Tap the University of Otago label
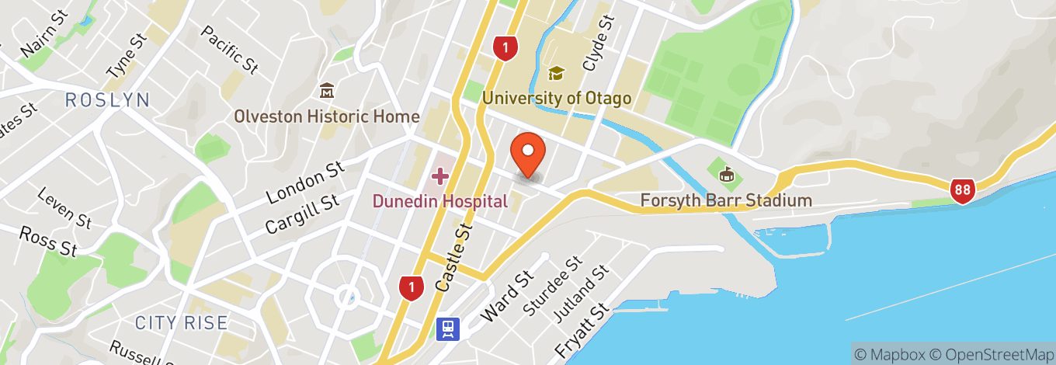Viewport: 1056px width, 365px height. (x=556, y=99)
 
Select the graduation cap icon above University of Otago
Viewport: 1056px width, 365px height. (x=556, y=74)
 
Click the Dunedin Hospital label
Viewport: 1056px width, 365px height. (x=439, y=201)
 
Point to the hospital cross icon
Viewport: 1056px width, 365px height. (x=439, y=176)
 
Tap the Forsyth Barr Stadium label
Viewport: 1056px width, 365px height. (x=726, y=200)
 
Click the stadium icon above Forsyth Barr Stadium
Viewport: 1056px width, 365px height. (x=726, y=175)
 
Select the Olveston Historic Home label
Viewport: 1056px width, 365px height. (x=327, y=116)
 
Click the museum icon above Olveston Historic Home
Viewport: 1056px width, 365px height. (x=327, y=91)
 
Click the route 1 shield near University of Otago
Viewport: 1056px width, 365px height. (x=505, y=49)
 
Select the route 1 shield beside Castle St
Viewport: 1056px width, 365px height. (x=412, y=287)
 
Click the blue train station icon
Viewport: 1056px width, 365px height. (x=448, y=328)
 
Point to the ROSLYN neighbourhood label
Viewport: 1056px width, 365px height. (x=107, y=99)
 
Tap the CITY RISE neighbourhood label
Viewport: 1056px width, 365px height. (x=181, y=322)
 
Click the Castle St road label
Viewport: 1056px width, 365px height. (x=454, y=256)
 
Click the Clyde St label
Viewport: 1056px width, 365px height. (x=599, y=43)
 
